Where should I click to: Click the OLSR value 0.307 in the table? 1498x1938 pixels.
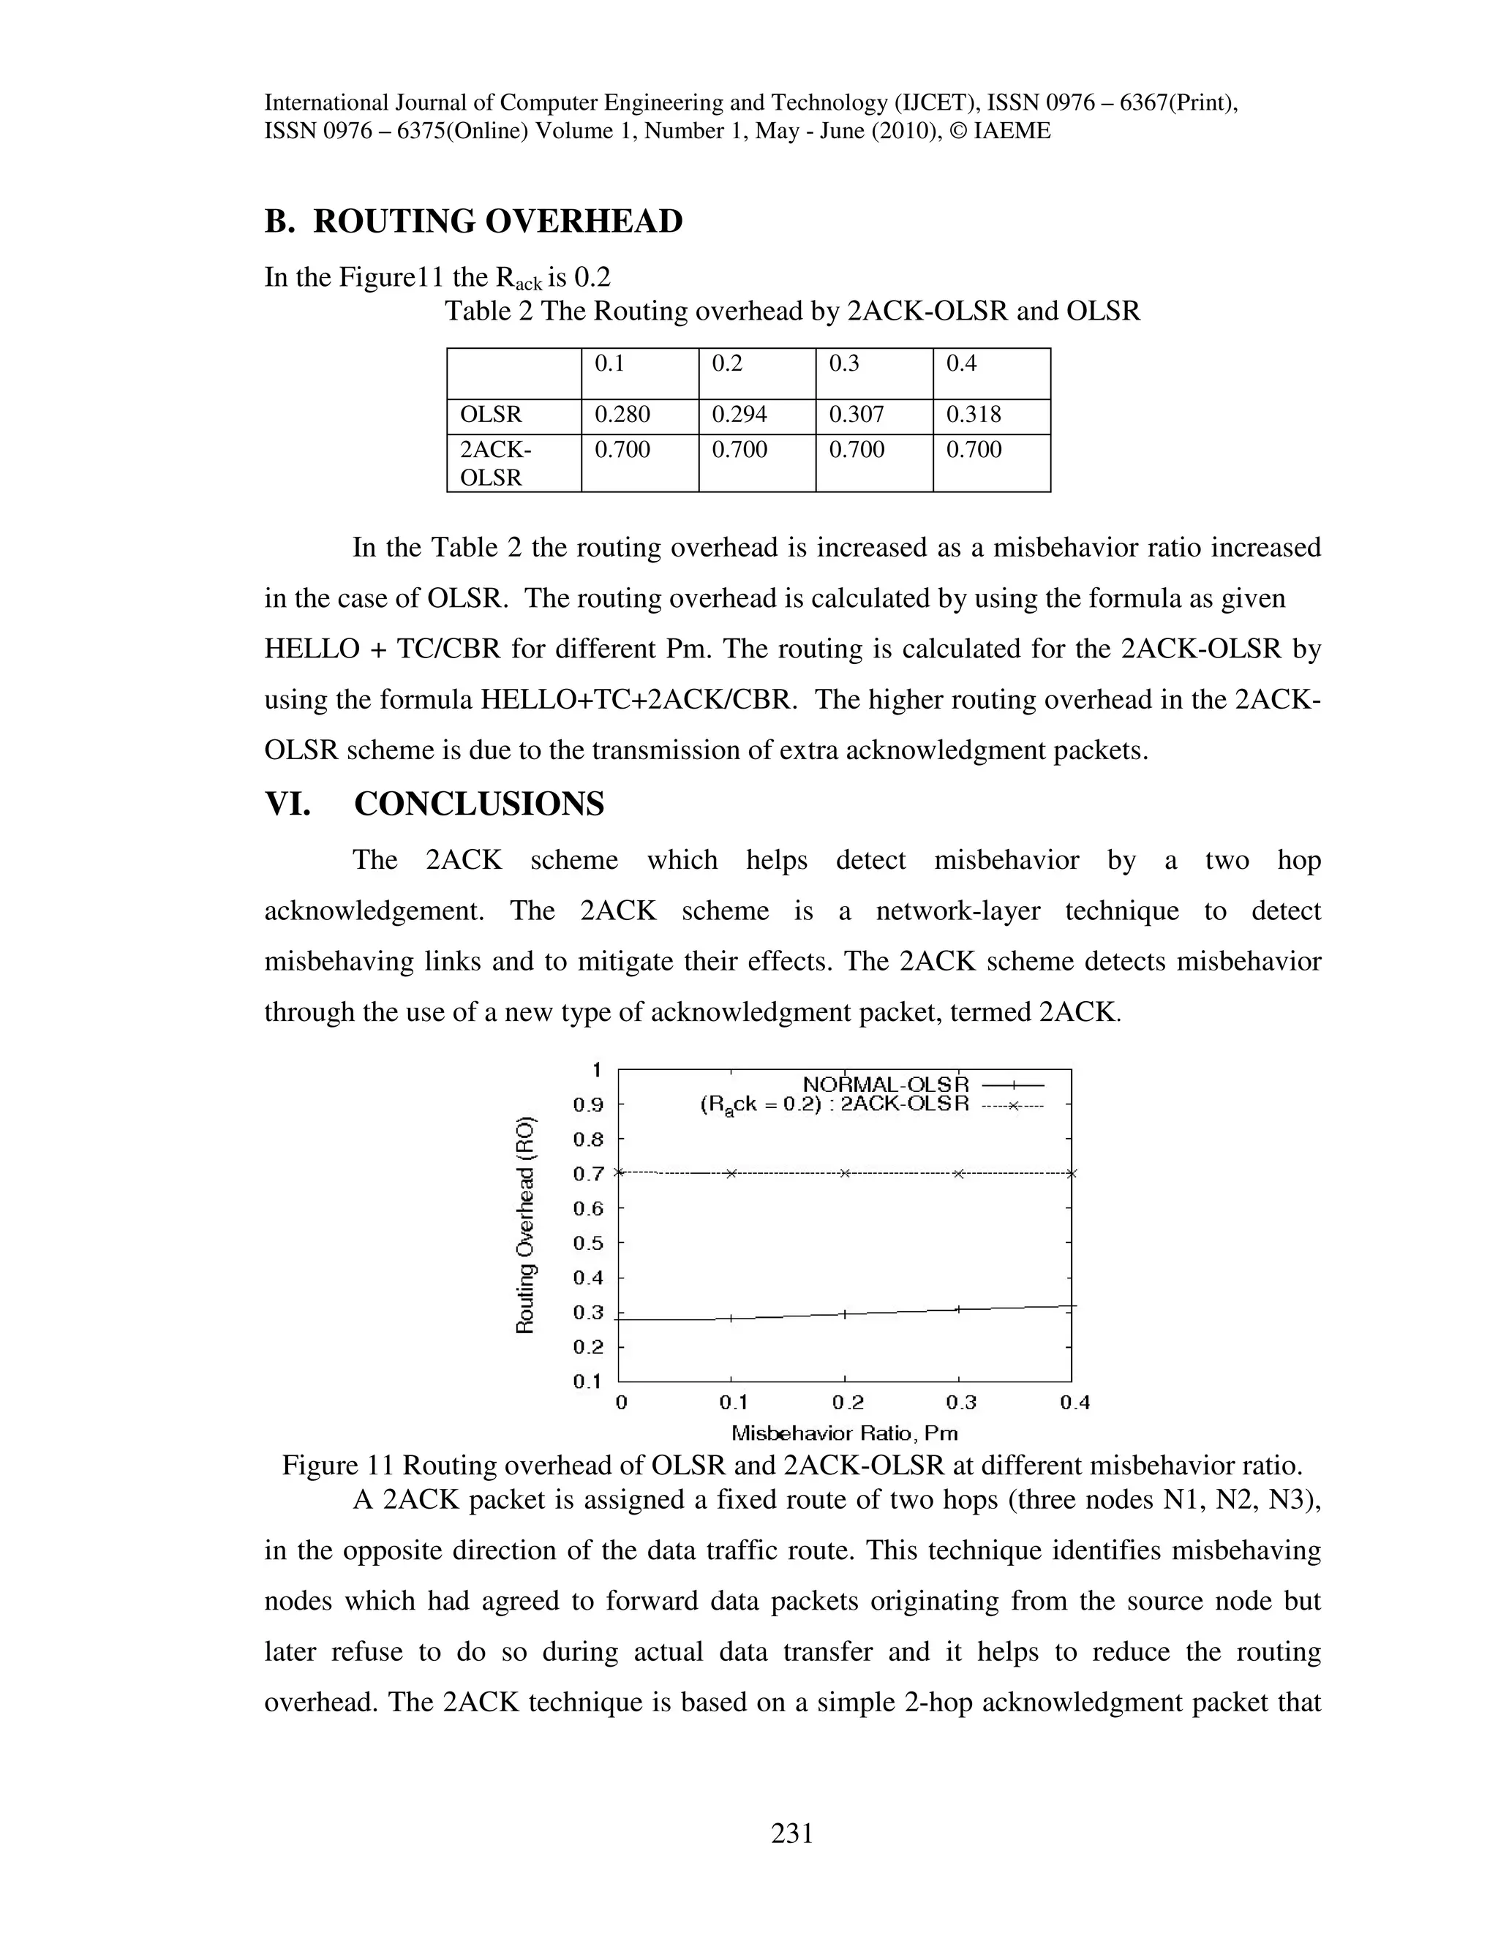coord(857,415)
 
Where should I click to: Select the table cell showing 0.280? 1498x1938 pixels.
coord(622,415)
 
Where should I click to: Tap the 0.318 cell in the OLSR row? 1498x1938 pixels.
coord(974,415)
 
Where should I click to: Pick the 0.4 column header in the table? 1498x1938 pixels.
coord(961,363)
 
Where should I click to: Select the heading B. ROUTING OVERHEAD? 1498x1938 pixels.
coord(474,221)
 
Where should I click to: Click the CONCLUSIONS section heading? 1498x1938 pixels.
coord(479,804)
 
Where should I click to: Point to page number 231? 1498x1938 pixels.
coord(792,1833)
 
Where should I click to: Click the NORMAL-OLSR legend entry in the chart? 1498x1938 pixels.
coord(885,1085)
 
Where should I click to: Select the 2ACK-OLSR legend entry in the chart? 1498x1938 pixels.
coord(903,1105)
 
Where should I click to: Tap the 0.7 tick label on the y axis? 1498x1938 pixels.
coord(587,1174)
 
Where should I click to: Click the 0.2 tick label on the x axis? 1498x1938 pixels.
coord(848,1403)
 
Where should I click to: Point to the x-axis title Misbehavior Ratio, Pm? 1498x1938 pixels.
coord(844,1432)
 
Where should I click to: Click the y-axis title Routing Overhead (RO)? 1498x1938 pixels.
coord(525,1223)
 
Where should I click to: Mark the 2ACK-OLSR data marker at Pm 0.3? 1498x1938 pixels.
coord(958,1174)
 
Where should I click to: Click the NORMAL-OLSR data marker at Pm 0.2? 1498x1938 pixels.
coord(845,1314)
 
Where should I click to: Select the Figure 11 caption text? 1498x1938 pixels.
coord(791,1465)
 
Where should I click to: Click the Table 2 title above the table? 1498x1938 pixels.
coord(791,312)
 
